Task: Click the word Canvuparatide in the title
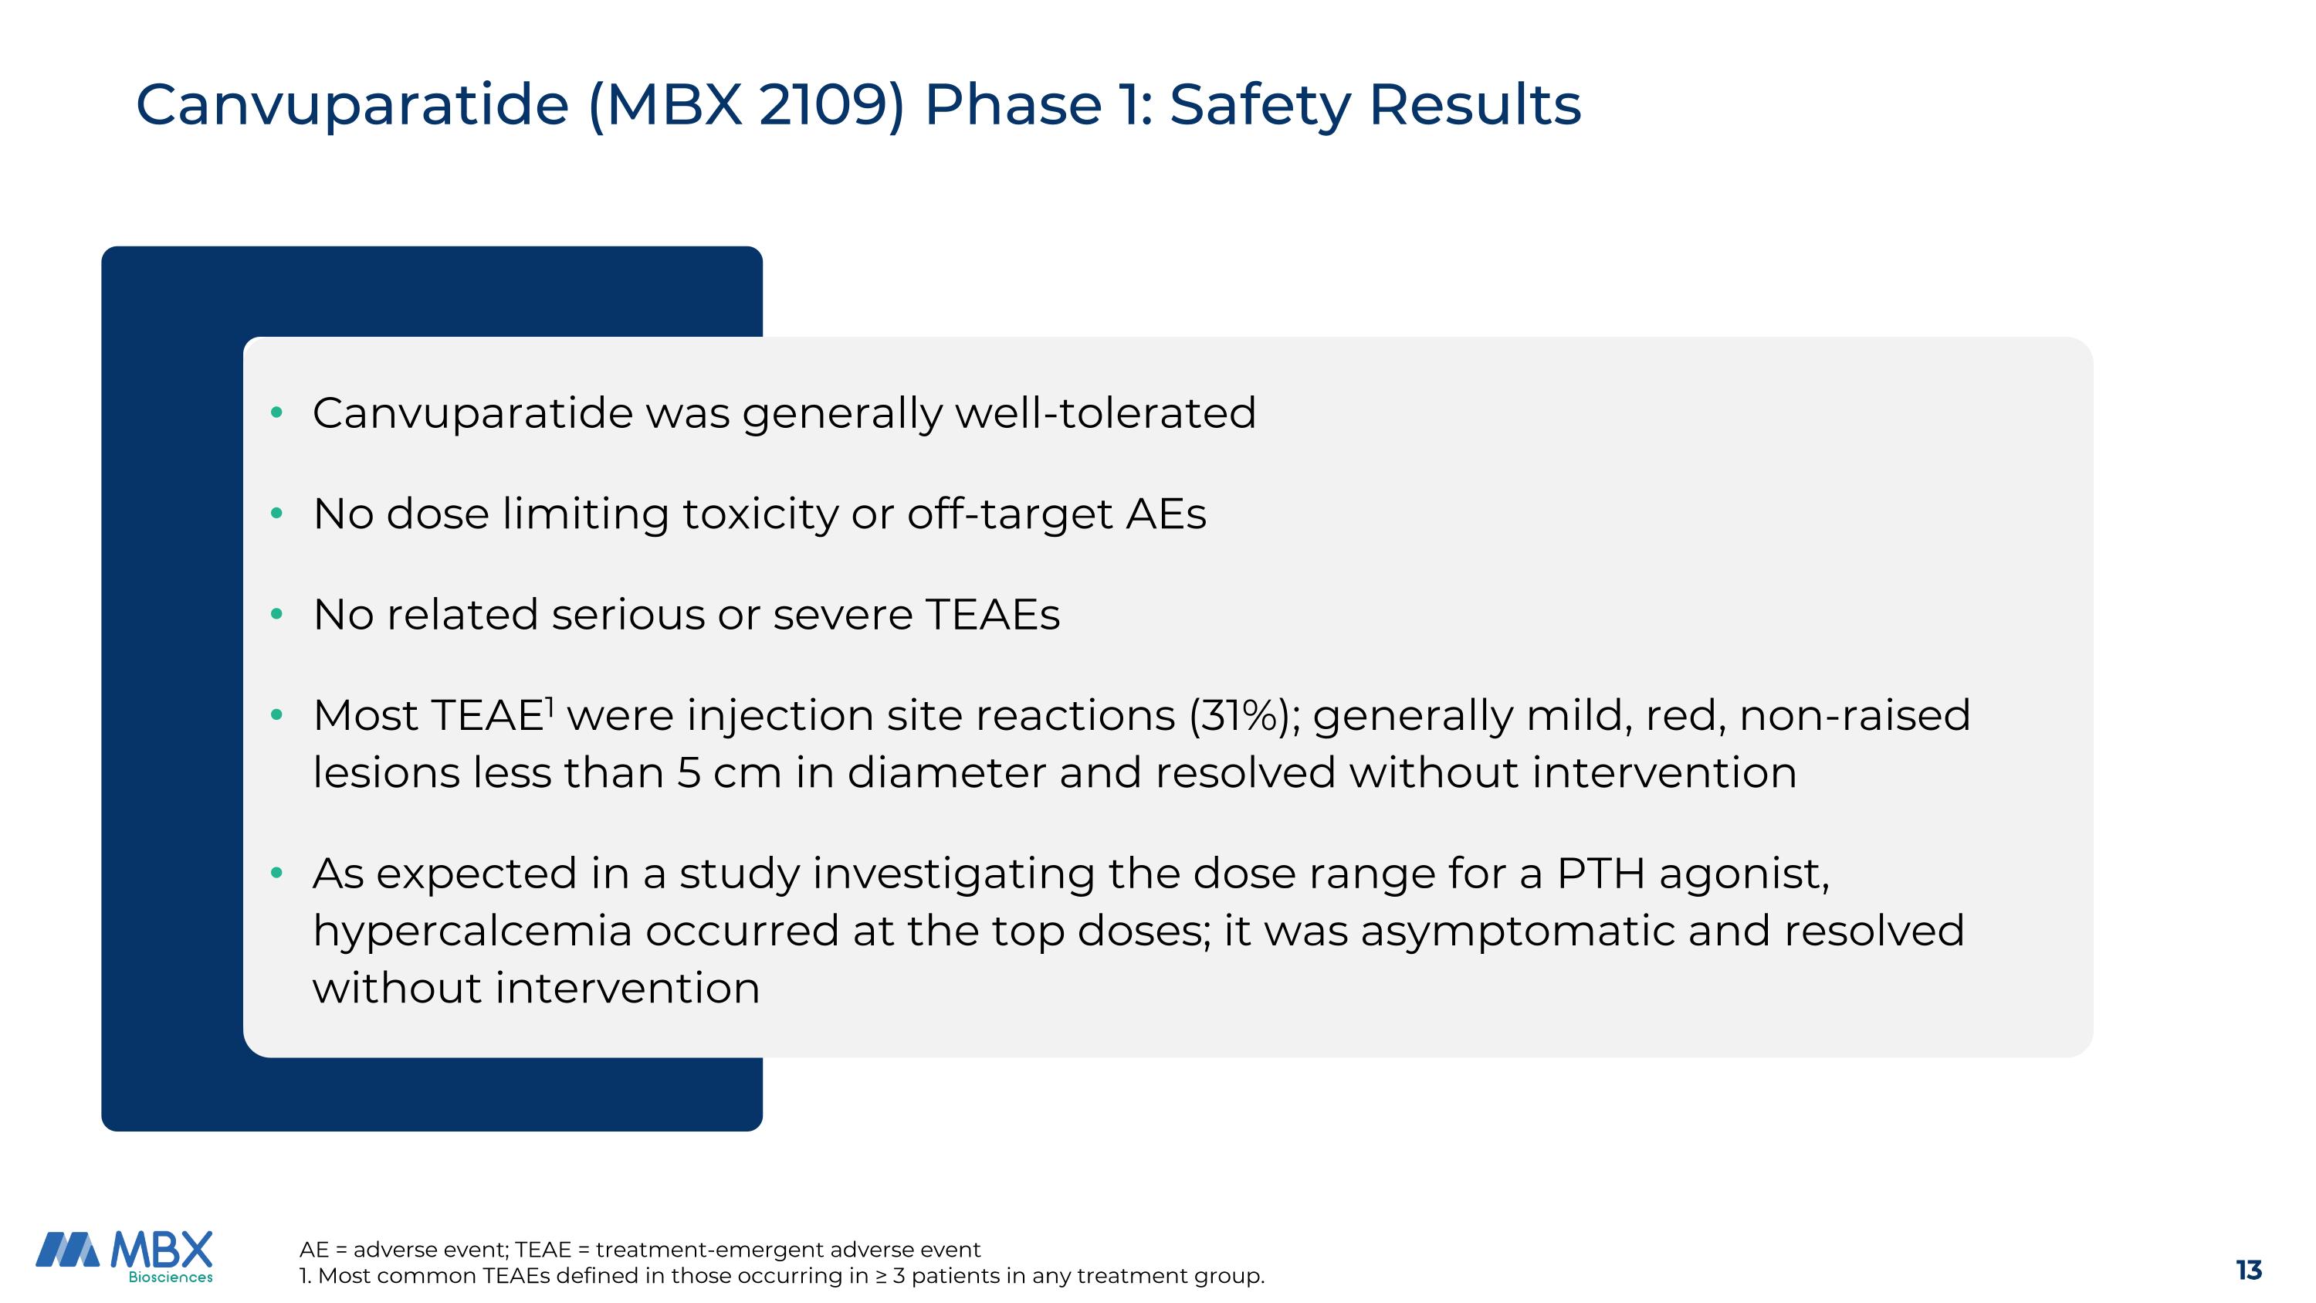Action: pos(351,105)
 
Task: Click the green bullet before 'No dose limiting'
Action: pos(277,514)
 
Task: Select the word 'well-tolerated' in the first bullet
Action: pos(1105,414)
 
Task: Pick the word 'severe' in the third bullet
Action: pos(842,615)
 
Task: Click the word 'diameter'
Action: pos(946,773)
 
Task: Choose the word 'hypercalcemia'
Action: pos(472,931)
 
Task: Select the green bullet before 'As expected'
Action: pos(277,873)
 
